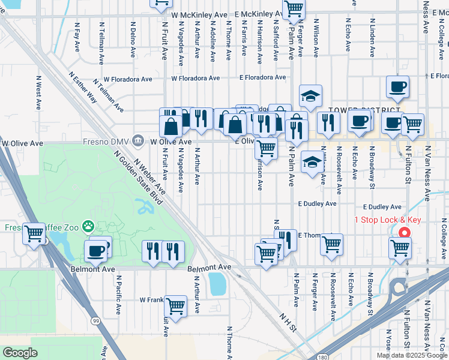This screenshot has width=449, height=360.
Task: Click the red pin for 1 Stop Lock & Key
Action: click(x=404, y=233)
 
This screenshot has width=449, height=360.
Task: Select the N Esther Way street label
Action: click(x=83, y=88)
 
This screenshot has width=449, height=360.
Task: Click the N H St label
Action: click(x=288, y=321)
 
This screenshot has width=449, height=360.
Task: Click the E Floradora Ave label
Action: click(x=263, y=77)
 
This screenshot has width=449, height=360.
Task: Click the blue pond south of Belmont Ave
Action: click(x=217, y=284)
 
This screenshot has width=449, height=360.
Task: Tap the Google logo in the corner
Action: click(x=20, y=353)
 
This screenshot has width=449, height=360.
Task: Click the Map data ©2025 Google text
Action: click(x=411, y=355)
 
